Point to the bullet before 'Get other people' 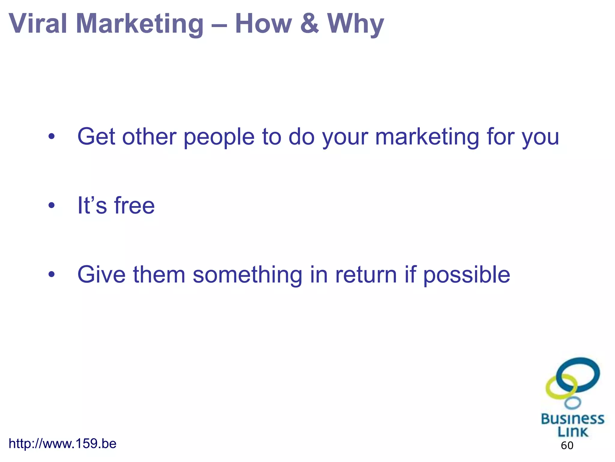click(x=52, y=137)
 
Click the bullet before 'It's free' click(x=52, y=206)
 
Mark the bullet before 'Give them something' click(x=52, y=275)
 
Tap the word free click(x=134, y=206)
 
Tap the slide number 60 click(x=567, y=445)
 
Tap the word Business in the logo click(x=572, y=419)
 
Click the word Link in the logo click(x=572, y=432)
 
